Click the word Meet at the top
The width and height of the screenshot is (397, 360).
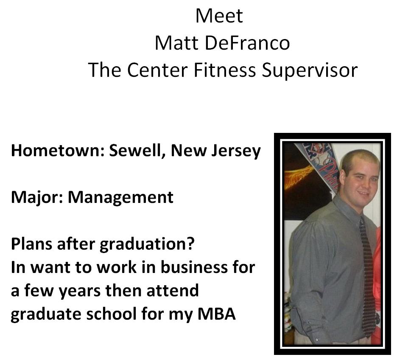pyautogui.click(x=219, y=16)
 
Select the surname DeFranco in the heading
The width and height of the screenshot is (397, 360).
pyautogui.click(x=247, y=43)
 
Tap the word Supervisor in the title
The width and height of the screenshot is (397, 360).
pyautogui.click(x=310, y=70)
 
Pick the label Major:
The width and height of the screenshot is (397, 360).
pyautogui.click(x=37, y=198)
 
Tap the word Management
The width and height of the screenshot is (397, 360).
pyautogui.click(x=120, y=197)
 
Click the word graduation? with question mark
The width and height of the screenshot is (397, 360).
pyautogui.click(x=147, y=245)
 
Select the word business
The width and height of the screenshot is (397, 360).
pyautogui.click(x=194, y=267)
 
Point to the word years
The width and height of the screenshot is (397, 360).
pyautogui.click(x=79, y=291)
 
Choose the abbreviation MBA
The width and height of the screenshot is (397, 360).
pyautogui.click(x=216, y=314)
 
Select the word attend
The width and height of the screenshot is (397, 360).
pyautogui.click(x=173, y=290)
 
